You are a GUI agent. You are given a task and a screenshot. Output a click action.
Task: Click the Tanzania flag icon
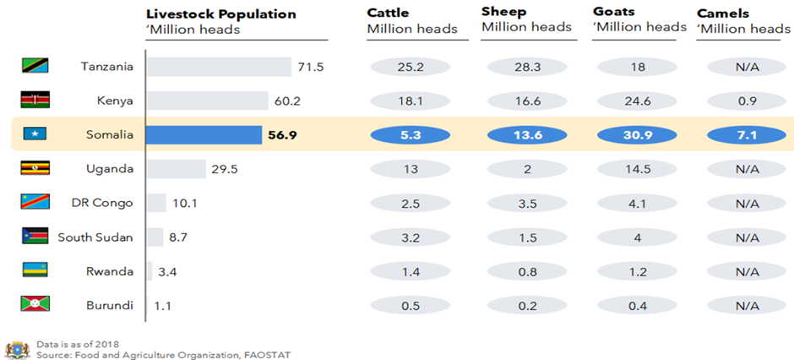pyautogui.click(x=35, y=66)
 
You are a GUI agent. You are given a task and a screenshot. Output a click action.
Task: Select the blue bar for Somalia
pyautogui.click(x=204, y=134)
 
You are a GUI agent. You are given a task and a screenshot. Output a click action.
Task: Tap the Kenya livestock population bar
pyautogui.click(x=207, y=101)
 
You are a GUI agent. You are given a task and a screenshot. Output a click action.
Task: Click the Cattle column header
pyautogui.click(x=389, y=13)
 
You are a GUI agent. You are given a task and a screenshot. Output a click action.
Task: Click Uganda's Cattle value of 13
pyautogui.click(x=411, y=169)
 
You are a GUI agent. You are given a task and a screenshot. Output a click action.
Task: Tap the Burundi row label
pyautogui.click(x=110, y=306)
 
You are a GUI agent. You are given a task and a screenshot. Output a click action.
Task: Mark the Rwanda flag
pyautogui.click(x=35, y=271)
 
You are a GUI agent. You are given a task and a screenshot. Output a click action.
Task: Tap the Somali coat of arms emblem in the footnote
pyautogui.click(x=16, y=349)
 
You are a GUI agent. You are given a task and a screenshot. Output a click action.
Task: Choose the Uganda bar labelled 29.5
pyautogui.click(x=176, y=169)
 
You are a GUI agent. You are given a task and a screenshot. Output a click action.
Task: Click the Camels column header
pyautogui.click(x=722, y=13)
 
